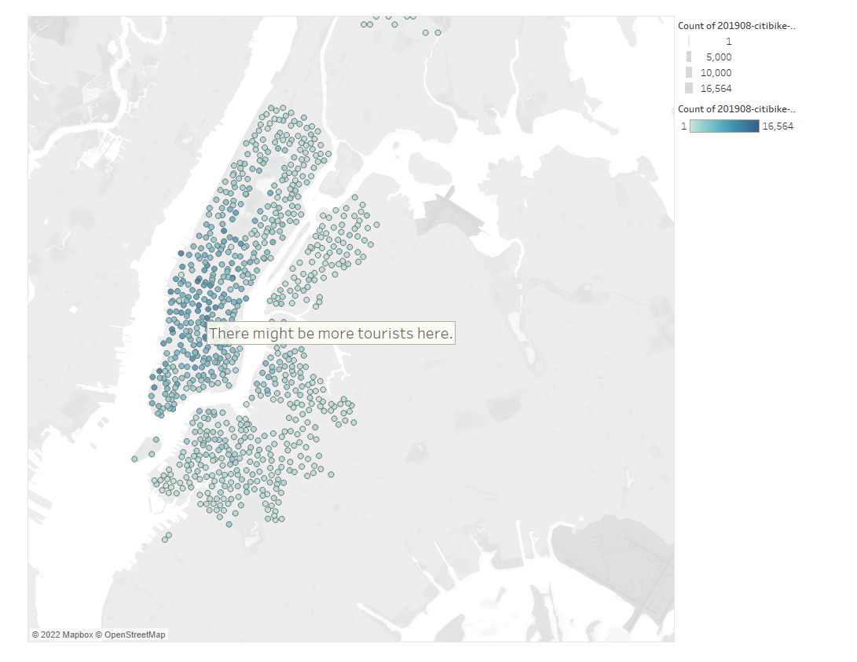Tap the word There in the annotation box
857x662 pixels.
coord(229,333)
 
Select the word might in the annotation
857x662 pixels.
coord(273,333)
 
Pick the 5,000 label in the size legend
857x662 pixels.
coord(719,57)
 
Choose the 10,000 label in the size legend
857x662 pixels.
coord(716,73)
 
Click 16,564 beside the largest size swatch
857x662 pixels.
coord(716,89)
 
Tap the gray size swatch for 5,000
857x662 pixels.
coord(689,57)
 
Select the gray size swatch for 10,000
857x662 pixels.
coord(689,72)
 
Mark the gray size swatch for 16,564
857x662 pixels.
coord(689,88)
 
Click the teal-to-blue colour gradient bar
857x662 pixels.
coord(724,126)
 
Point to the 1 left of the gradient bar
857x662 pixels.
coord(684,126)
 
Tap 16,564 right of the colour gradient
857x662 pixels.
coord(778,126)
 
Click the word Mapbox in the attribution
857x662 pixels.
coord(77,635)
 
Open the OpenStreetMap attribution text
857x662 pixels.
coord(135,635)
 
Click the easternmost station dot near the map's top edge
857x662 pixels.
coord(438,33)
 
